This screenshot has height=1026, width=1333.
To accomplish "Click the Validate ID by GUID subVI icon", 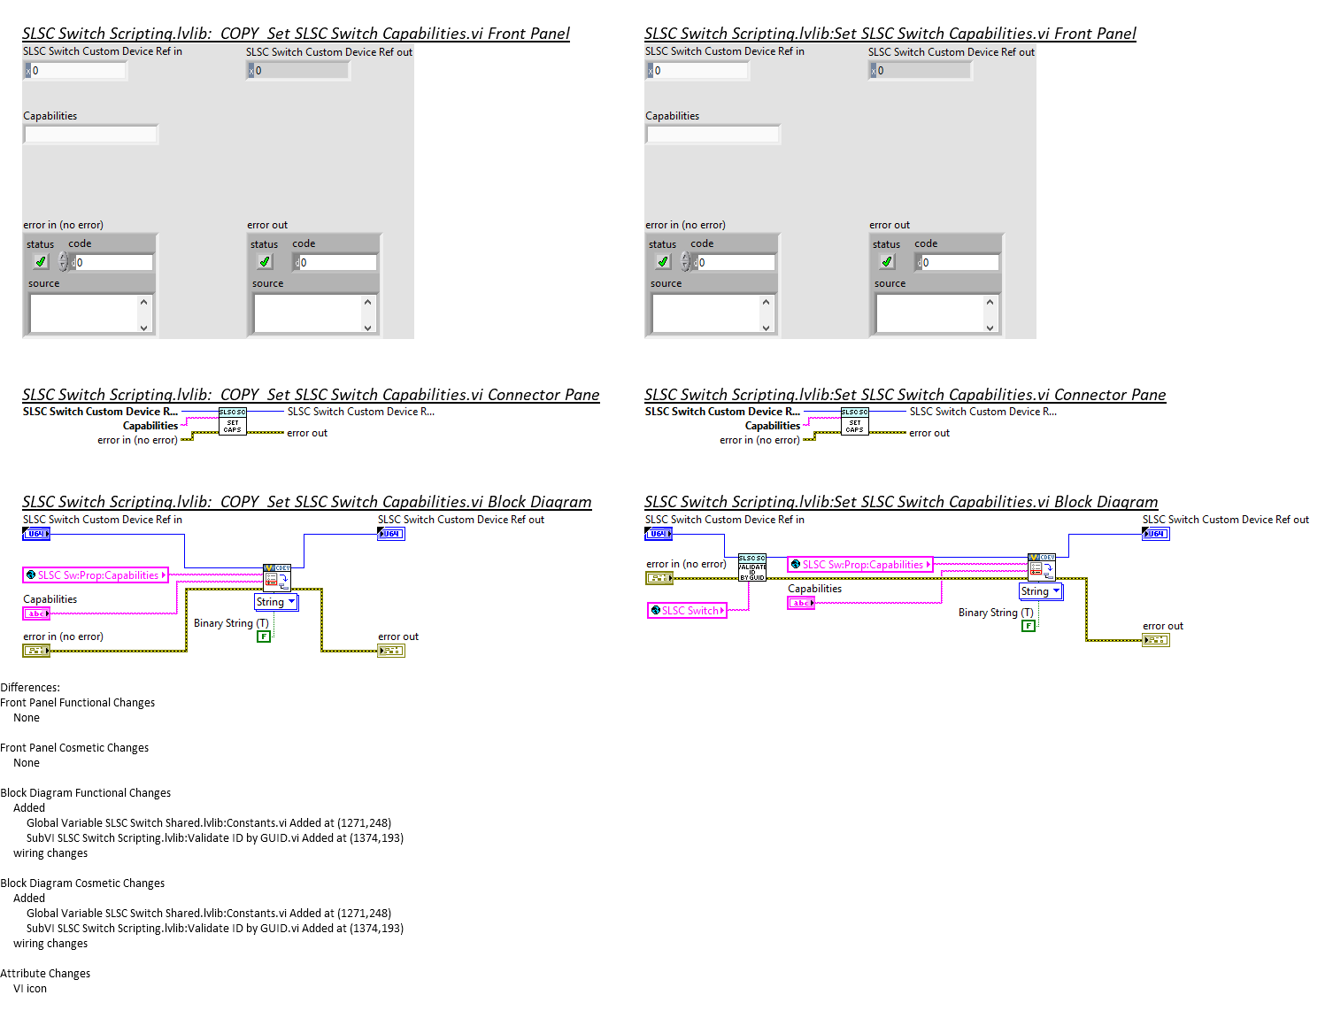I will click(x=751, y=567).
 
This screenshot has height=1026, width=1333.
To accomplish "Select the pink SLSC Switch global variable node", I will click(x=687, y=610).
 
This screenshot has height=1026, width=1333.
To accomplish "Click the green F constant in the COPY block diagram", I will click(x=264, y=636).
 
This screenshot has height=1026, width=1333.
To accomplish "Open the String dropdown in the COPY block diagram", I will click(x=275, y=602).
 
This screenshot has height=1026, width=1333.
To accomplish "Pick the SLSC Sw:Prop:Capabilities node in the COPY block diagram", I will click(x=96, y=575).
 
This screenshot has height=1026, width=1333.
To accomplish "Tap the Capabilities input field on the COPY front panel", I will click(x=91, y=135).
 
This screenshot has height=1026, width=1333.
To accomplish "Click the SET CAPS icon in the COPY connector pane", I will click(x=233, y=422).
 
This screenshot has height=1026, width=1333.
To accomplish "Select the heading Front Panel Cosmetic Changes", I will click(x=74, y=748).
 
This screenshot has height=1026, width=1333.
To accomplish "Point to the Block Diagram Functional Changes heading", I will click(x=85, y=793).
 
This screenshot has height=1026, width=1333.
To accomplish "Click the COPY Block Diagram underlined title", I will click(x=306, y=502).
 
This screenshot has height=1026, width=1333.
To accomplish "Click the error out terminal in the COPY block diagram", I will click(x=391, y=651).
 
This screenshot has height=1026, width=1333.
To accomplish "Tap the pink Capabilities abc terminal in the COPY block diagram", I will click(x=36, y=613).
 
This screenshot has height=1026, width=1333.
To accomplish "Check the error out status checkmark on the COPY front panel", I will click(x=265, y=262).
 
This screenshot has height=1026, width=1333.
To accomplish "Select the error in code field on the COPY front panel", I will click(x=113, y=263).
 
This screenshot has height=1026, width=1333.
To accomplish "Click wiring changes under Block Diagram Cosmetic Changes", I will click(x=50, y=944).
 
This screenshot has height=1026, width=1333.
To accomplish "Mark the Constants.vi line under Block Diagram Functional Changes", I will click(x=208, y=823).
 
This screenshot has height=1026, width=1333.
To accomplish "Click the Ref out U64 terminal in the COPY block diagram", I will click(x=391, y=534).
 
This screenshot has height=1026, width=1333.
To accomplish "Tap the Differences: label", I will click(x=30, y=688).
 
